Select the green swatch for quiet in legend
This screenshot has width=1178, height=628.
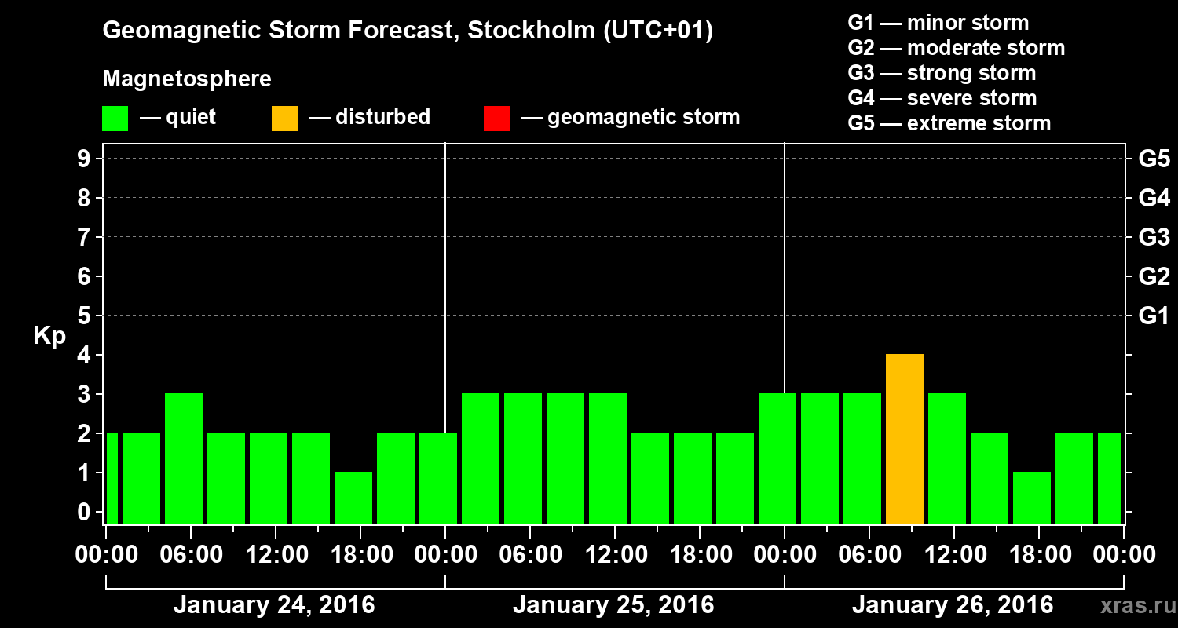tap(115, 119)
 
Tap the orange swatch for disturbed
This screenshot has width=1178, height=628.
tap(284, 119)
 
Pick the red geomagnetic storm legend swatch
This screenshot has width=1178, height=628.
tap(496, 119)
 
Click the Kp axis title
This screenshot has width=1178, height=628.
tap(49, 336)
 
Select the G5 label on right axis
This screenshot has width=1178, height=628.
tap(1154, 159)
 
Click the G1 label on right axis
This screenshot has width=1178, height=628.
tap(1154, 316)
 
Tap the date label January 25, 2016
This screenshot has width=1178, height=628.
tap(613, 605)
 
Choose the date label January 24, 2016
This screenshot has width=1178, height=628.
tap(274, 605)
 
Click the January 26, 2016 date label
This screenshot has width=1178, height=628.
tap(953, 605)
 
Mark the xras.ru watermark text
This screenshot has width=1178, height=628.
tap(1135, 606)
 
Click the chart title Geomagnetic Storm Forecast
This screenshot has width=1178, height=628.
tap(408, 31)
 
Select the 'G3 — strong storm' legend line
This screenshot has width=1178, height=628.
tap(942, 73)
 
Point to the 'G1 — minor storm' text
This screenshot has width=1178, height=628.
tap(938, 23)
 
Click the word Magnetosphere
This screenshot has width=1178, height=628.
tap(187, 79)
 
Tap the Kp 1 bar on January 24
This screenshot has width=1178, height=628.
tap(353, 498)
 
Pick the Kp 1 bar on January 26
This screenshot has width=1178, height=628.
tap(1031, 498)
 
